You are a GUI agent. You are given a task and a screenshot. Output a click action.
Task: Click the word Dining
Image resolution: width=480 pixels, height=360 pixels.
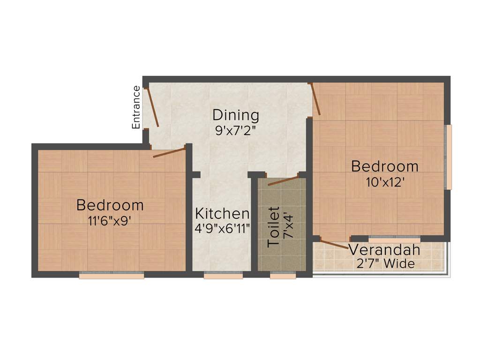tap(235, 115)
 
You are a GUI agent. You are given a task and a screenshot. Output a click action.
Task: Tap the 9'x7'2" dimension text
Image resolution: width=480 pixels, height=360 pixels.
tap(235, 130)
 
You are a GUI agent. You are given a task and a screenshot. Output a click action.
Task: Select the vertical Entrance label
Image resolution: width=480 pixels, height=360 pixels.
tap(136, 107)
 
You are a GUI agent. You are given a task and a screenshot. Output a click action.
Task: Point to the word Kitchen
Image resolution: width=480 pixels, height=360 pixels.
tap(222, 214)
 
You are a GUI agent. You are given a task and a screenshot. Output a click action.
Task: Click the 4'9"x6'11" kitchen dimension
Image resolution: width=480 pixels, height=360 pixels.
tap(222, 229)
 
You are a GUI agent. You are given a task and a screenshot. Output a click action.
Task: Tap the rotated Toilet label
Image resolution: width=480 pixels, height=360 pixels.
tap(273, 227)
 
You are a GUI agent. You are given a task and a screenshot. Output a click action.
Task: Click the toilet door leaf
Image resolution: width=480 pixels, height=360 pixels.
tap(283, 180)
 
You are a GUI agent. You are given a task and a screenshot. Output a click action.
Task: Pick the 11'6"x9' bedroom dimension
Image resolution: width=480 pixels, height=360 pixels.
tap(110, 221)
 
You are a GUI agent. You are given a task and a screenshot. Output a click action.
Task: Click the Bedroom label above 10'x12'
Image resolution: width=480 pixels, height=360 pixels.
tap(385, 166)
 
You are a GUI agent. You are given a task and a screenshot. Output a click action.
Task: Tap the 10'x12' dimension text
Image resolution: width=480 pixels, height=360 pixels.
tap(385, 182)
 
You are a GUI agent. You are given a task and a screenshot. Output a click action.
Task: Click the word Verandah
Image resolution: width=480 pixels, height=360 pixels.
tap(384, 249)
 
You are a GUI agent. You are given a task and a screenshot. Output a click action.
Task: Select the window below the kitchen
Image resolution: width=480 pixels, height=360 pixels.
tap(223, 275)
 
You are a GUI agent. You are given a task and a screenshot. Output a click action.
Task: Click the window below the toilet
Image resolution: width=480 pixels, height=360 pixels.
tap(283, 275)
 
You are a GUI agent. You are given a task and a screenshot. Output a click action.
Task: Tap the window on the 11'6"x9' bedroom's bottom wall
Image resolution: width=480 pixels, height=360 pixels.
tap(111, 275)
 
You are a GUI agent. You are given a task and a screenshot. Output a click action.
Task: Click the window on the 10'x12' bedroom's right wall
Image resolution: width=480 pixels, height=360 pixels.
tap(448, 157)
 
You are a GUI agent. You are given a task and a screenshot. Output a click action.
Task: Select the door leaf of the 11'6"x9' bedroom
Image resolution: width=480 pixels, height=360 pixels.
tap(169, 152)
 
